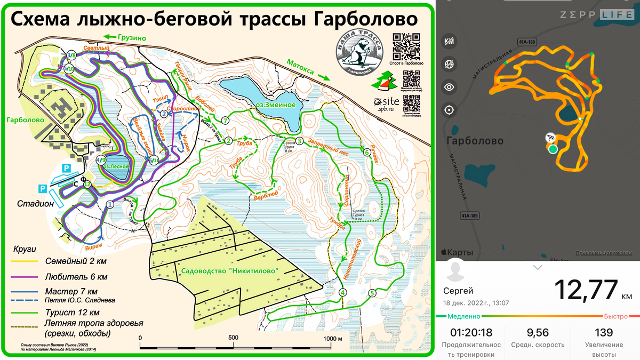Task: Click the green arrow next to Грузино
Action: (x=110, y=37)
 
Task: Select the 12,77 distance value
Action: (x=585, y=290)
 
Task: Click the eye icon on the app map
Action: (x=449, y=87)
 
